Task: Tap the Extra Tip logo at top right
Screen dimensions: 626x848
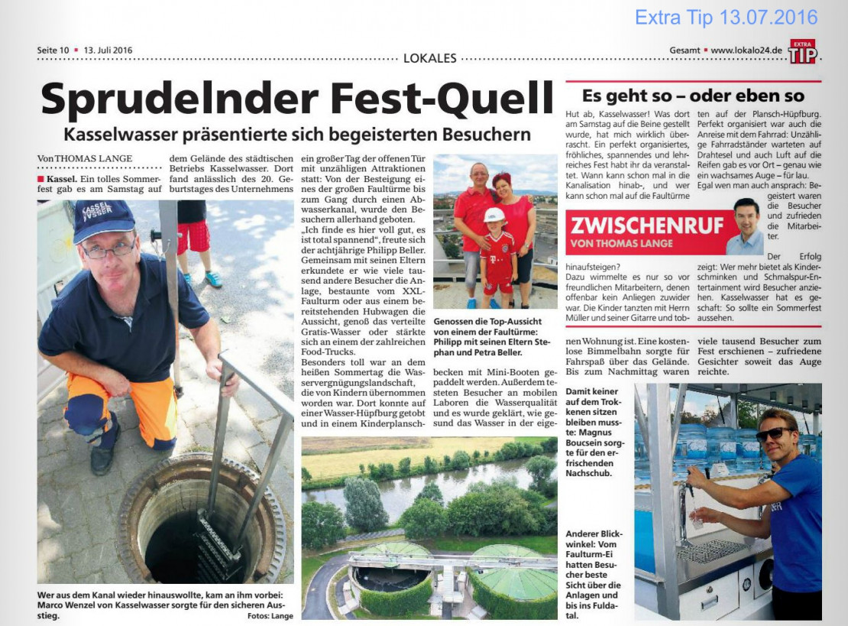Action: pos(802,52)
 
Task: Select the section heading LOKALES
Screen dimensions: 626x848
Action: pos(429,57)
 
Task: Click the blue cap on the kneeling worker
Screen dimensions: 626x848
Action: pos(103,219)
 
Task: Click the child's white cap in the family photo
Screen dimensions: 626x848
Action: pos(494,215)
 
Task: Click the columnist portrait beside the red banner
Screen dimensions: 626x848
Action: pos(745,226)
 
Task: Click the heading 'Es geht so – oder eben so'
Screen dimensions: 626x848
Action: pos(693,96)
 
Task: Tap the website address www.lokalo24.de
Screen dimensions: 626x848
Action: pos(746,50)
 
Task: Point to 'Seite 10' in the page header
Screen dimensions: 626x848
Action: pos(53,50)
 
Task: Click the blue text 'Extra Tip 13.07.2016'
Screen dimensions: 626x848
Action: pos(726,17)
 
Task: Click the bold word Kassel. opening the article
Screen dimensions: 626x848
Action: pos(60,178)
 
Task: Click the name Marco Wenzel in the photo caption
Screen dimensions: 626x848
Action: pos(72,605)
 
